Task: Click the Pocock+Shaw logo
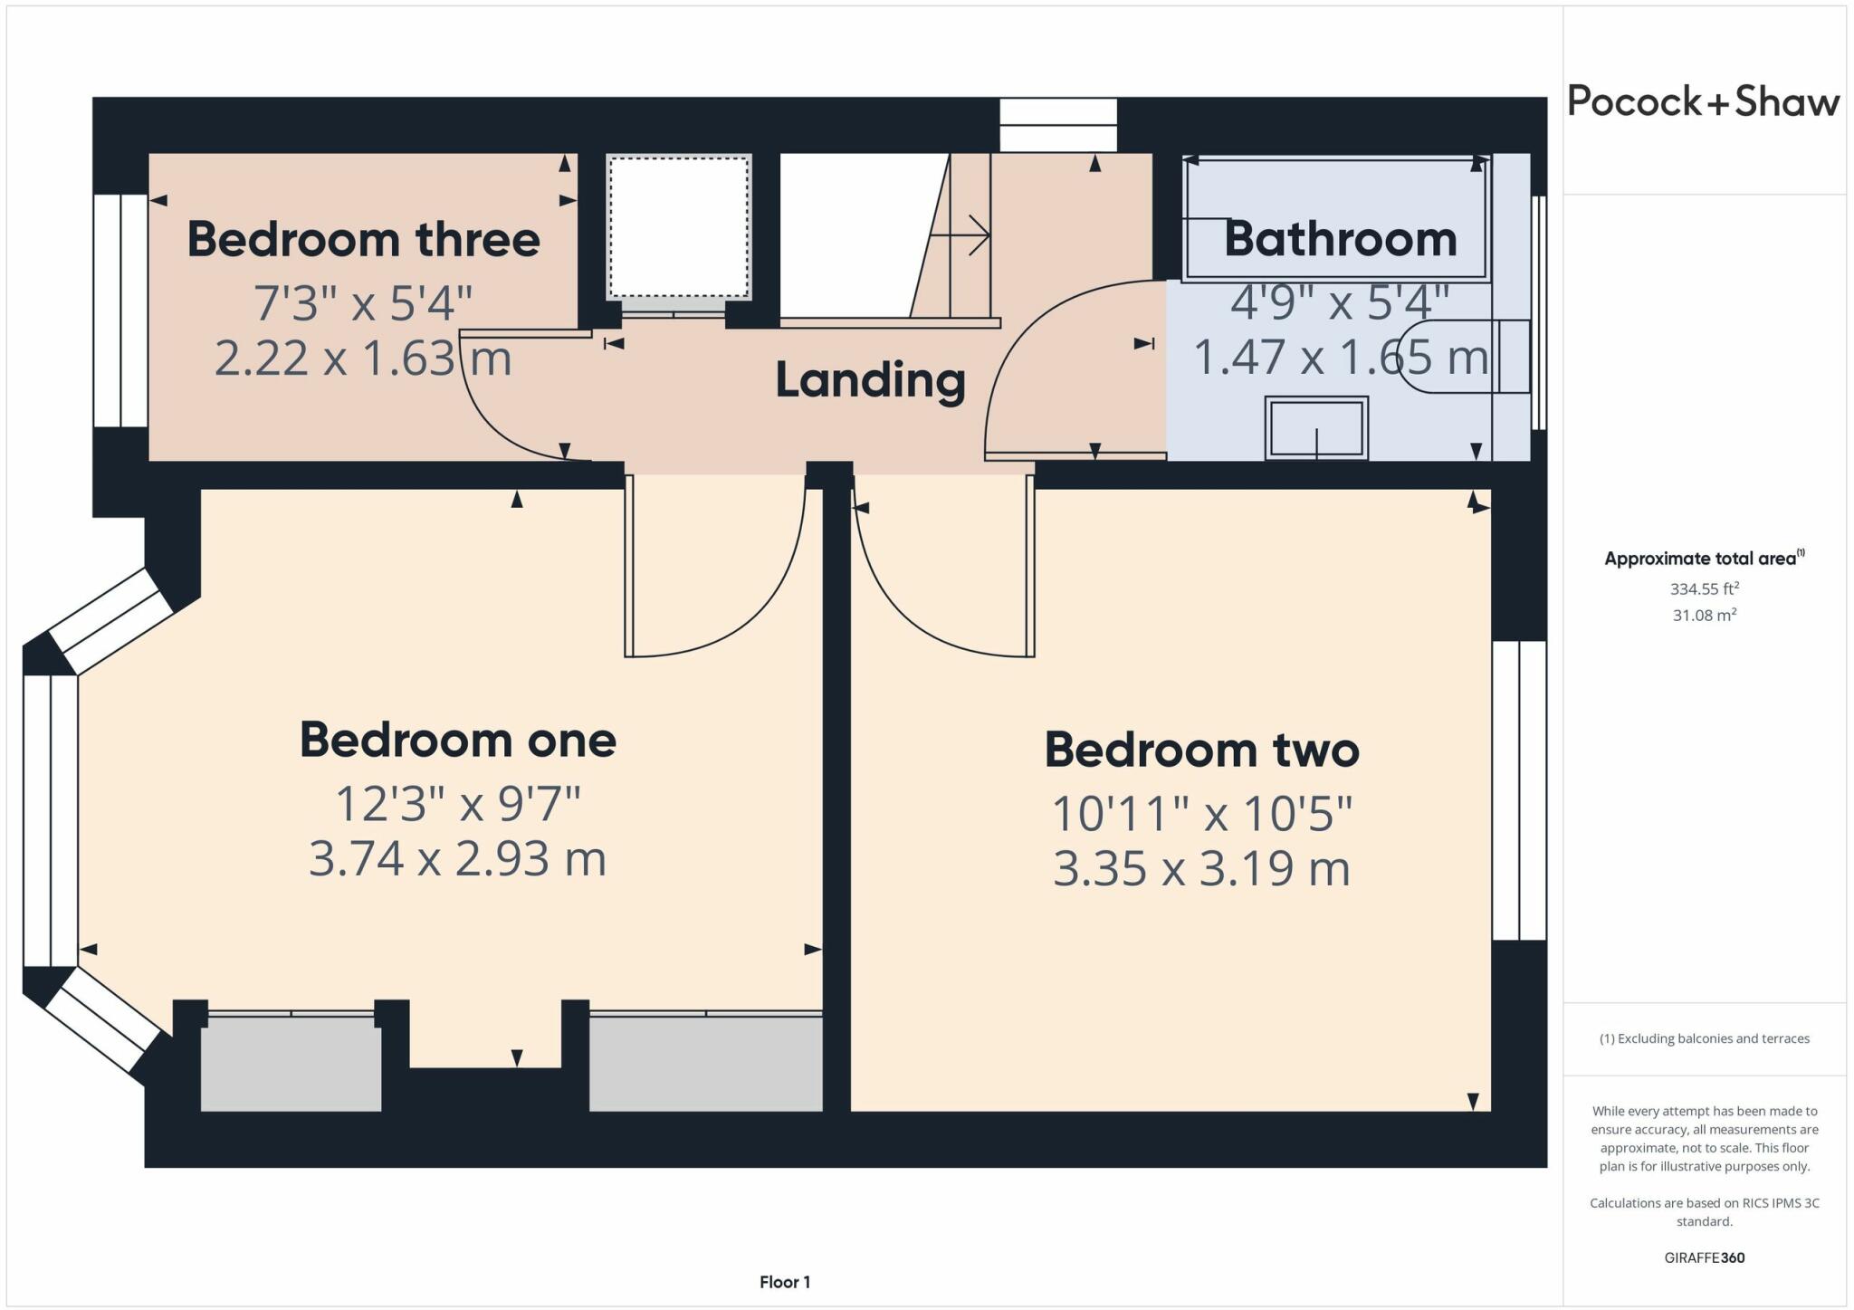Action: tap(1703, 101)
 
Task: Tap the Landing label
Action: tap(870, 381)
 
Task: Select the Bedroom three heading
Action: tap(363, 240)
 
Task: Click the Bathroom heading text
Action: tap(1341, 240)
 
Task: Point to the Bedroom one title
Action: tap(458, 741)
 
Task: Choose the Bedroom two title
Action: tap(1202, 751)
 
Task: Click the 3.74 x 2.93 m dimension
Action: tap(457, 858)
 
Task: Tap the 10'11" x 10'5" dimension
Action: tap(1202, 814)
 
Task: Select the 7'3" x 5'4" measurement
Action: tap(363, 303)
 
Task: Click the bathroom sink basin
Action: tap(1316, 428)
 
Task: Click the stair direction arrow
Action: tap(960, 236)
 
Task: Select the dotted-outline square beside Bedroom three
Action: tap(679, 225)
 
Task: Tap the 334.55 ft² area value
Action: tap(1705, 589)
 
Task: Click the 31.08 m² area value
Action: tap(1705, 616)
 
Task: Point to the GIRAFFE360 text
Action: tap(1705, 1257)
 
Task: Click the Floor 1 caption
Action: tap(785, 1282)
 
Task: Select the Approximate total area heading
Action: tap(1705, 559)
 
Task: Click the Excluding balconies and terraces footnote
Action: tap(1705, 1038)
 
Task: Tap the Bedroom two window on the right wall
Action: tap(1519, 790)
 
